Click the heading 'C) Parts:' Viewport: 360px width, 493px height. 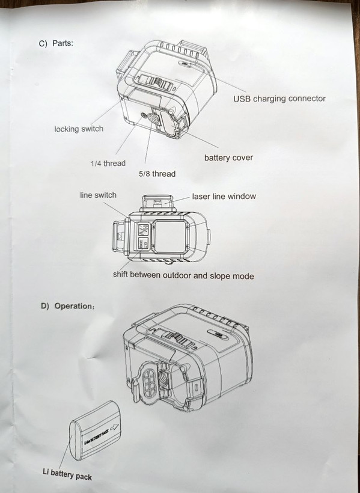tap(56, 43)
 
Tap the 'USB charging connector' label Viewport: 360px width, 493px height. tap(279, 99)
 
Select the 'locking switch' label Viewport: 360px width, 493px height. tap(79, 129)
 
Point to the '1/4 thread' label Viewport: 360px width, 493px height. tap(108, 163)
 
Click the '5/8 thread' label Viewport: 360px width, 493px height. tap(157, 174)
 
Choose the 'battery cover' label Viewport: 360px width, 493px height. tap(228, 158)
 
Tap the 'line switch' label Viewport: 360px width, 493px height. tap(98, 195)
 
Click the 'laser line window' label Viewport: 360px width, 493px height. tap(224, 196)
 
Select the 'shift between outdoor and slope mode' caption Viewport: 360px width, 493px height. tap(183, 275)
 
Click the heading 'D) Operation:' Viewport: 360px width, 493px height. tap(67, 306)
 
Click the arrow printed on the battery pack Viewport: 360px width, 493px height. tap(114, 427)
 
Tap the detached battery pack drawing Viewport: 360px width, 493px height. tap(96, 430)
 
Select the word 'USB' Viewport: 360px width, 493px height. tap(242, 99)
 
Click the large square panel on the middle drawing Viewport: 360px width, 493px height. tap(170, 236)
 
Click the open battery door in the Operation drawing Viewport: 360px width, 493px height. tap(147, 381)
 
